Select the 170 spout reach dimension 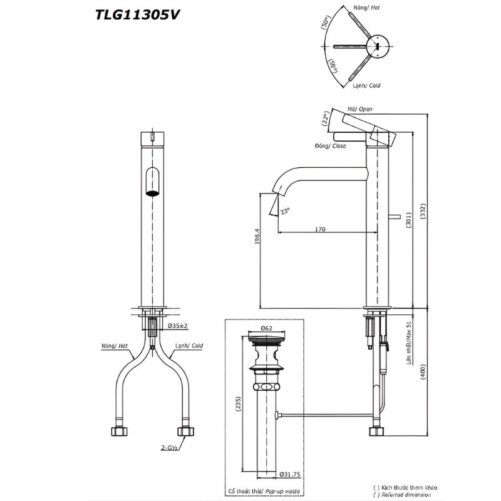point(319,229)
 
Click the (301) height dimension point(409,216)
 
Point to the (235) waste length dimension point(239,404)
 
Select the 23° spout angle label point(286,212)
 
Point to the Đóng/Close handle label point(331,146)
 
